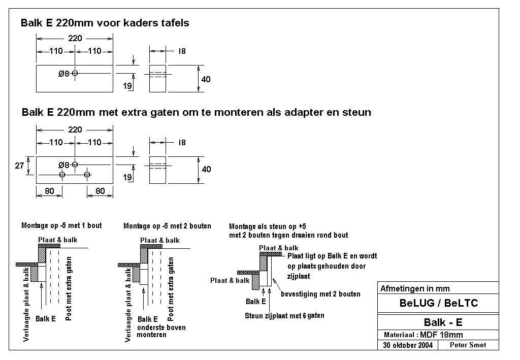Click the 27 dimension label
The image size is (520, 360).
(x=19, y=166)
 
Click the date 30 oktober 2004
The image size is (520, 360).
(x=408, y=345)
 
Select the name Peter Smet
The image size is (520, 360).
(x=468, y=345)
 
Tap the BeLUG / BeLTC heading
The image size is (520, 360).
(x=438, y=303)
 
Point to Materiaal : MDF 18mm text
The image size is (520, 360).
(x=423, y=335)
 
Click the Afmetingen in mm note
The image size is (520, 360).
(x=415, y=288)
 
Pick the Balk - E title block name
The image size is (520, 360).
(x=443, y=322)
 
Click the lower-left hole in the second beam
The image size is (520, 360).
(x=62, y=175)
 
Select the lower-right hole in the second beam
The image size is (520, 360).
(x=87, y=175)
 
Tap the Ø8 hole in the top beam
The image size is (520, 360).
(x=75, y=73)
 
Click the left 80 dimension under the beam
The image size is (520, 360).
(x=49, y=191)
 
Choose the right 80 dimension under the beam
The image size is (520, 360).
(x=100, y=191)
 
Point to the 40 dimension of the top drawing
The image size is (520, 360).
(x=206, y=79)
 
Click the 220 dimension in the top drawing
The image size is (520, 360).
(x=75, y=38)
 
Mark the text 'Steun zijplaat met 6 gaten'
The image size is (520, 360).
(x=284, y=316)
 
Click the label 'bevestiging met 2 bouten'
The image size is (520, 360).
(x=320, y=294)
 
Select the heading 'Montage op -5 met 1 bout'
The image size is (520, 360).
(x=61, y=225)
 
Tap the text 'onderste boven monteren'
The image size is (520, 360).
(x=161, y=331)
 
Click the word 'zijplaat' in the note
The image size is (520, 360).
(x=299, y=276)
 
